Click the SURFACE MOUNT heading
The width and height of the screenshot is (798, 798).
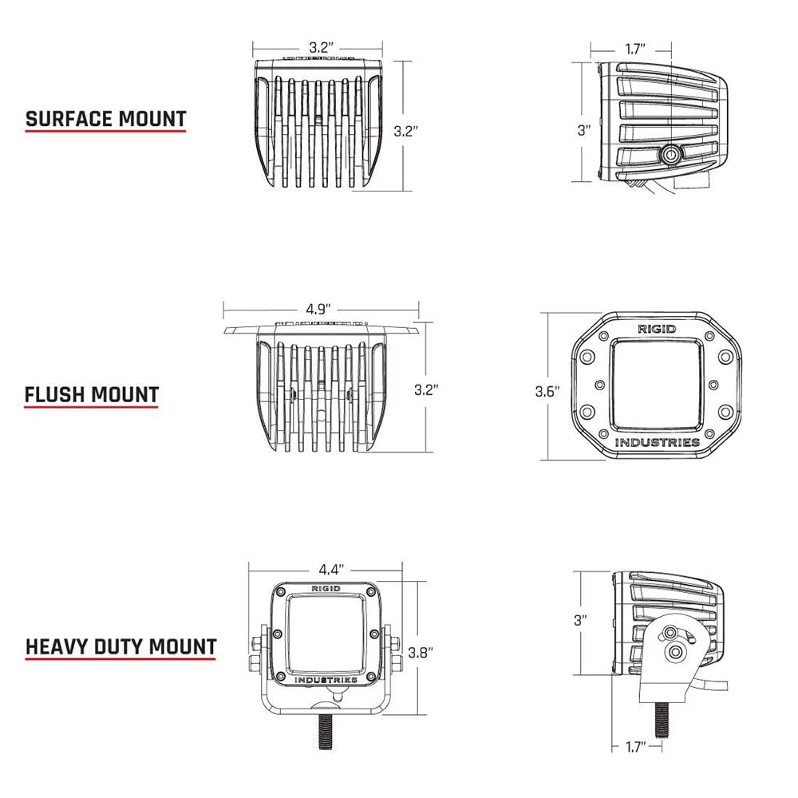click(105, 120)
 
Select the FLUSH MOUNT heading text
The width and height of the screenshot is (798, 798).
click(92, 394)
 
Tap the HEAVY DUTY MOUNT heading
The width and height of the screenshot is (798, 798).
click(121, 646)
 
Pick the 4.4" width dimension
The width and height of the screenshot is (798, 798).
click(330, 570)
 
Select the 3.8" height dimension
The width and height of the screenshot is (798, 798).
click(420, 652)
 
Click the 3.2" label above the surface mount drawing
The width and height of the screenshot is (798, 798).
click(319, 47)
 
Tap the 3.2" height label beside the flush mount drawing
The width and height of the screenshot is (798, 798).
click(427, 389)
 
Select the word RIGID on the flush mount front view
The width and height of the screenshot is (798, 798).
click(656, 329)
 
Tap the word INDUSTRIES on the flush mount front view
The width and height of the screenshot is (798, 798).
click(658, 442)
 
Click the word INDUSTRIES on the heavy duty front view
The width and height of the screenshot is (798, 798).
click(326, 680)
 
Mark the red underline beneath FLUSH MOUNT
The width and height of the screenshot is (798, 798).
click(91, 408)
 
